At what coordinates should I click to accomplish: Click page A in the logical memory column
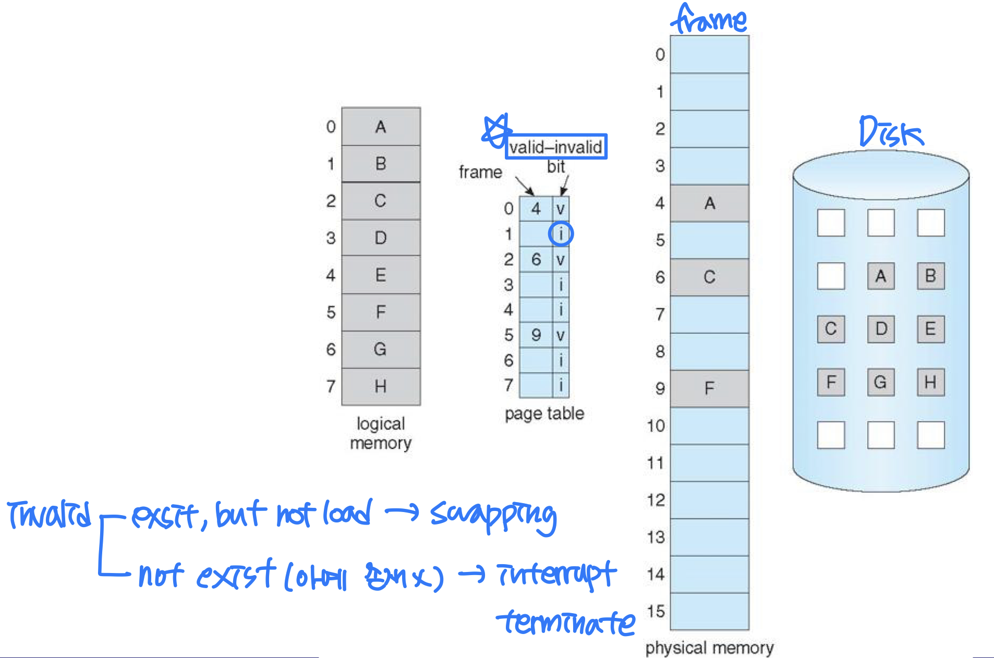click(x=381, y=127)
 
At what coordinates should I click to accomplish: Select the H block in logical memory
click(x=381, y=386)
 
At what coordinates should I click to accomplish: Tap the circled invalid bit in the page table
click(x=561, y=234)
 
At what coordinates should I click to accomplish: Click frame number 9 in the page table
click(x=536, y=335)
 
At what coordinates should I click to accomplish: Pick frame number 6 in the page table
click(x=536, y=259)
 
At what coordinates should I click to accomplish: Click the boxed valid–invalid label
click(x=556, y=147)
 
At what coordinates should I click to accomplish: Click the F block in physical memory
click(x=709, y=388)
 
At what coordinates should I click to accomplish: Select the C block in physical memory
click(x=709, y=277)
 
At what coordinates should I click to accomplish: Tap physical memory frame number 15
click(x=656, y=611)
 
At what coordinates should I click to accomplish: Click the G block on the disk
click(x=880, y=382)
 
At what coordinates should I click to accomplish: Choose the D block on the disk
click(x=881, y=329)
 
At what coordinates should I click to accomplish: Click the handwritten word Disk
click(x=891, y=132)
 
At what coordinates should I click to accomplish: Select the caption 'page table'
click(x=544, y=413)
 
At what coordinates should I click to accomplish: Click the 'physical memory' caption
click(x=709, y=648)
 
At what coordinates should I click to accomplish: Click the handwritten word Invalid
click(x=50, y=514)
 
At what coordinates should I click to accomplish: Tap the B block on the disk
click(x=931, y=276)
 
